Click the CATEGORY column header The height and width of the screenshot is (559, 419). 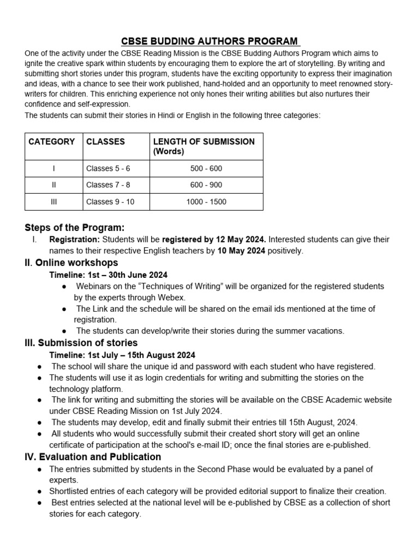(52, 142)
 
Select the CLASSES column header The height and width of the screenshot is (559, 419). (105, 142)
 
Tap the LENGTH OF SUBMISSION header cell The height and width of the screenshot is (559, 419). (203, 146)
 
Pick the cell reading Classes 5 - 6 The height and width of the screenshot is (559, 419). (108, 169)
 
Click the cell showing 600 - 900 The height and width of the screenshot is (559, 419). (206, 185)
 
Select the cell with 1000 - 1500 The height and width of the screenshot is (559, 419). (206, 202)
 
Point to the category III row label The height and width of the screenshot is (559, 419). (53, 202)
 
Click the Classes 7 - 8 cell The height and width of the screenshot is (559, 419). (108, 185)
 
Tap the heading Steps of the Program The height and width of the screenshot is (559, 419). (75, 228)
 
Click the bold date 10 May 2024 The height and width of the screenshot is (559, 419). (242, 251)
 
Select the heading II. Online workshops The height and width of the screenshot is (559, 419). (71, 263)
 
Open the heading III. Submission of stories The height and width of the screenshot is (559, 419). (81, 343)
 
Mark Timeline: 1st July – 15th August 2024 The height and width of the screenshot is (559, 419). (122, 355)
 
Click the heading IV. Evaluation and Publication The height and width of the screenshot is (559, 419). (93, 456)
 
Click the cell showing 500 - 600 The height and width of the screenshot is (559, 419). (206, 169)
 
